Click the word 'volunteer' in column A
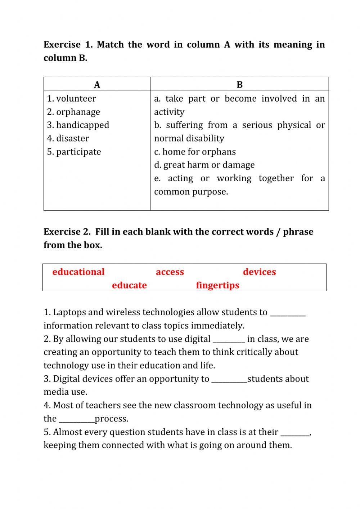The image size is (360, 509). (x=76, y=99)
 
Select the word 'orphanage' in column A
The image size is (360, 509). (x=78, y=112)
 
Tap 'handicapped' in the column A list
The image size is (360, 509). (x=82, y=125)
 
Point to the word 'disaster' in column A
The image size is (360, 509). (x=72, y=138)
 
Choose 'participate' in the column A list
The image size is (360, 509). (x=78, y=152)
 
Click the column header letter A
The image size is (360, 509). (x=97, y=85)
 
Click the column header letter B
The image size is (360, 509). (x=240, y=85)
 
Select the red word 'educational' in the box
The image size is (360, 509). (x=78, y=272)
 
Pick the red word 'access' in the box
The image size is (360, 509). (x=170, y=272)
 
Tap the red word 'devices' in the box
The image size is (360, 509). (x=259, y=272)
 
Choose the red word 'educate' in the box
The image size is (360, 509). (x=129, y=285)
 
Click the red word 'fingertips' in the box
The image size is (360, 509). (x=217, y=285)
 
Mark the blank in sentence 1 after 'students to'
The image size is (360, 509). (x=287, y=313)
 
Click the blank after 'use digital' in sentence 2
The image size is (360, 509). (x=229, y=340)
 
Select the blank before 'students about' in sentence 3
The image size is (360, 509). (x=229, y=380)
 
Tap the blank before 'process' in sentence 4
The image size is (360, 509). (x=77, y=420)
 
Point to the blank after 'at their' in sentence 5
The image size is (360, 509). (x=295, y=433)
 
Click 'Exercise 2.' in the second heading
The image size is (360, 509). (x=67, y=232)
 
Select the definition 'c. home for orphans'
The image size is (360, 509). (x=195, y=152)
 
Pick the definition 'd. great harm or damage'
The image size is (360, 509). (x=204, y=165)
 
